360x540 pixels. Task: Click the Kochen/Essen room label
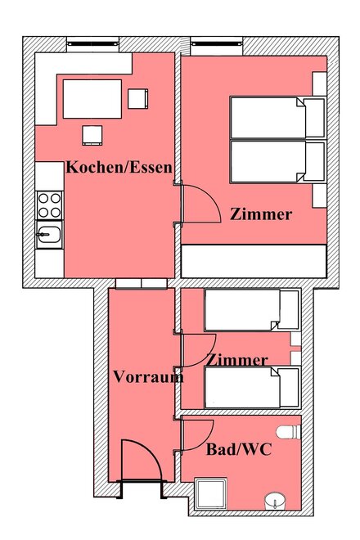[119, 168]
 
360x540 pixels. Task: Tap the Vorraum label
[148, 376]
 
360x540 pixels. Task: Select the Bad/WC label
[239, 449]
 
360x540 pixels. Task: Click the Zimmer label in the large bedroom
[261, 214]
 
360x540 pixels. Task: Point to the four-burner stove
[49, 205]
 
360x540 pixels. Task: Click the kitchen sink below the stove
[49, 234]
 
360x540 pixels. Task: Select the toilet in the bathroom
[288, 432]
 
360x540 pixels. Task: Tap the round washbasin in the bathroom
[275, 502]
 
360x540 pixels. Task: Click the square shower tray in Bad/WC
[210, 494]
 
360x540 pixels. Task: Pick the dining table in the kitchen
[92, 99]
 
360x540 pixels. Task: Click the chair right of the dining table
[137, 99]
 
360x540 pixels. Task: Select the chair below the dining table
[92, 135]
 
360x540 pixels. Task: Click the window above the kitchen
[92, 43]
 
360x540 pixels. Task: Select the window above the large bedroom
[217, 43]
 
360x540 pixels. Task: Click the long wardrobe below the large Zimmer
[254, 261]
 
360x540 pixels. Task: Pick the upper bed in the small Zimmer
[252, 310]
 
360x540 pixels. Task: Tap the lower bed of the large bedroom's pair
[277, 161]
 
